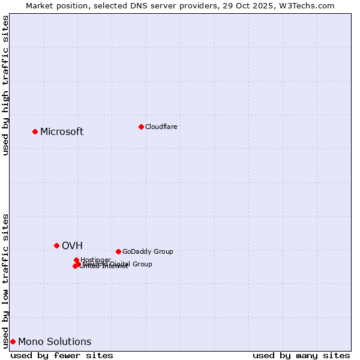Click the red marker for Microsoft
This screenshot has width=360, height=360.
35,131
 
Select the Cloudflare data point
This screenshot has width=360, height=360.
141,127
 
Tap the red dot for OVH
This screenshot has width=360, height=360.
57,245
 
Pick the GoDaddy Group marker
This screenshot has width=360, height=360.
118,251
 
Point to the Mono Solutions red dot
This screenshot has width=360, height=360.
13,341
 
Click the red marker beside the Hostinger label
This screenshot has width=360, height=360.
76,260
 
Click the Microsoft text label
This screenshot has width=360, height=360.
62,132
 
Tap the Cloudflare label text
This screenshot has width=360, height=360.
161,127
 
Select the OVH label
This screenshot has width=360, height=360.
72,245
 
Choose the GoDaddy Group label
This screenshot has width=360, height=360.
148,251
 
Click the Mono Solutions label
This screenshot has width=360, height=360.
55,342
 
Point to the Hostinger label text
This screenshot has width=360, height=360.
95,260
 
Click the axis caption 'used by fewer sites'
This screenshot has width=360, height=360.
62,355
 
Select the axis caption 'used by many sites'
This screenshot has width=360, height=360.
301,355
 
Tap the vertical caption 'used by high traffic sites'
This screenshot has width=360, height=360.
6,85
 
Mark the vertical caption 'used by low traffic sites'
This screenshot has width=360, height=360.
6,280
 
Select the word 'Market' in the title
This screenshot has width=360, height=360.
40,5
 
